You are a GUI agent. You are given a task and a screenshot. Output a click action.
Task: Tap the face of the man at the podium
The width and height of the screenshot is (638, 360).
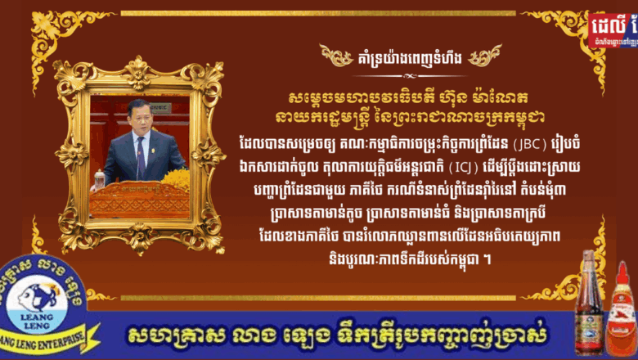click(x=137, y=112)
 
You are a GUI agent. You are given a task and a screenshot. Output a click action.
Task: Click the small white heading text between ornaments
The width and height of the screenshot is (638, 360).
click(x=411, y=56)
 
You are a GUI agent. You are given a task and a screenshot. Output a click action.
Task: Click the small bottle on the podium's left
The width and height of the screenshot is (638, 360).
click(x=100, y=180)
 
